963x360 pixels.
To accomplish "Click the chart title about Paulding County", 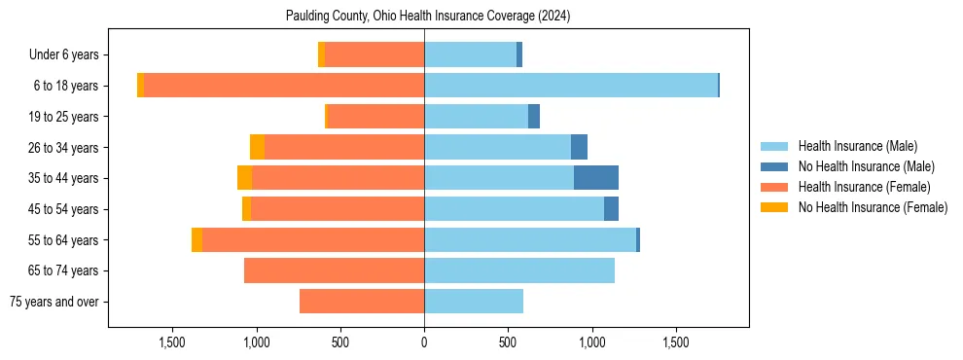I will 428,17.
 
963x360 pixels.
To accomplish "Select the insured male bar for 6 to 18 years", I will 571,86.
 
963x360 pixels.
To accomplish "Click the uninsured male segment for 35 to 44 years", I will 596,178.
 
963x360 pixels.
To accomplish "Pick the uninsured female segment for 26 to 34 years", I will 257,147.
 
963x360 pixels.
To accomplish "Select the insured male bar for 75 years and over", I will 474,302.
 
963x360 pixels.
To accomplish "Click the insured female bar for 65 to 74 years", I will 334,270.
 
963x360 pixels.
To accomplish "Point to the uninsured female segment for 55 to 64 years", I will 196,239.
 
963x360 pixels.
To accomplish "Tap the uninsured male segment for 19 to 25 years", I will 534,117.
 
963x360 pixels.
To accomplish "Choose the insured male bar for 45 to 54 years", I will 514,209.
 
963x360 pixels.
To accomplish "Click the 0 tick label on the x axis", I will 424,343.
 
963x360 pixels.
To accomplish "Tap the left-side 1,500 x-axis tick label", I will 172,343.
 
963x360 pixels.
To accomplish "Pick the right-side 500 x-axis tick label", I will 508,343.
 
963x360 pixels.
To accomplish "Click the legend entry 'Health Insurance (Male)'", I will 857,146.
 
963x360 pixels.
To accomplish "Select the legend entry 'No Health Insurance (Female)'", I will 873,207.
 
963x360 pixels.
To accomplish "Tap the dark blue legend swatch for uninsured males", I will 774,166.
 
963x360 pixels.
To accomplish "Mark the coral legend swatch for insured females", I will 774,187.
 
